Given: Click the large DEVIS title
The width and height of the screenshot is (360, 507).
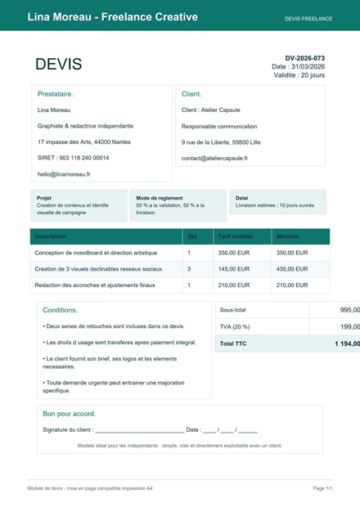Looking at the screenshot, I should [x=58, y=65].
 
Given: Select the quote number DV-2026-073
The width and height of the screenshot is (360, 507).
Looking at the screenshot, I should [x=304, y=58].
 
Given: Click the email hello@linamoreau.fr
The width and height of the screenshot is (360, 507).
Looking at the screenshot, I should [x=64, y=174].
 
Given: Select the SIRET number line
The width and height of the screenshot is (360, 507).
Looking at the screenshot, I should [x=73, y=158].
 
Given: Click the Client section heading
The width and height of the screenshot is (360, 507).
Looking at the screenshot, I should [x=191, y=94].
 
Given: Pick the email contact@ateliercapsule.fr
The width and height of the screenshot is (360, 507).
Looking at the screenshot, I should [x=214, y=158].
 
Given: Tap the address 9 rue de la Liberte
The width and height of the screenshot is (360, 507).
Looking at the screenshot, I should [x=221, y=142].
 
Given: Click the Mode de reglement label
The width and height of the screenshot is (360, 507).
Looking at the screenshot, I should [x=159, y=198].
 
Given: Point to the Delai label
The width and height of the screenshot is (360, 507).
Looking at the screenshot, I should [x=241, y=198].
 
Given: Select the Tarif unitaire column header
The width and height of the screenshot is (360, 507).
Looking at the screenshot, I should [x=236, y=236].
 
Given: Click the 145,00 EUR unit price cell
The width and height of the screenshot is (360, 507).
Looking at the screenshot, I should [x=233, y=269].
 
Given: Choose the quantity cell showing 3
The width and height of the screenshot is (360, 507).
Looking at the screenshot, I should [x=189, y=269].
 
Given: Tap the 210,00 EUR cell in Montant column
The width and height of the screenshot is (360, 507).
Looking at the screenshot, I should [x=292, y=285].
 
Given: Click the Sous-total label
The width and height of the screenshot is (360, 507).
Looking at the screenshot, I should [x=234, y=310].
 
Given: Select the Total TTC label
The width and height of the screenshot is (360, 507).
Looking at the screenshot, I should [x=234, y=344].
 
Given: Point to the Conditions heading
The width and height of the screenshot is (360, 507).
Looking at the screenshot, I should [x=60, y=311].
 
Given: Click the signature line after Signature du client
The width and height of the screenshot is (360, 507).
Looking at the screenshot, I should [x=139, y=429].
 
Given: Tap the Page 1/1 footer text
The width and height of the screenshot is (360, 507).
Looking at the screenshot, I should [x=322, y=488].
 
